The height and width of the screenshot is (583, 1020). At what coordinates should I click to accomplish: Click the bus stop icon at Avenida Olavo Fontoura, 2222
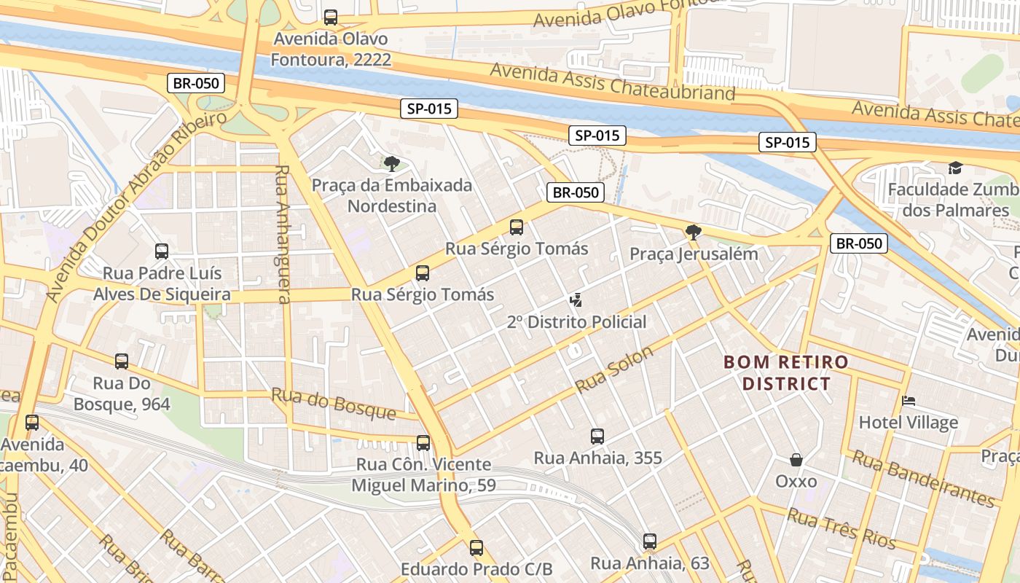coord(331,17)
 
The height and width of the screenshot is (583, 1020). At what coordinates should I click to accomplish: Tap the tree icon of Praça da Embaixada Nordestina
coord(392,163)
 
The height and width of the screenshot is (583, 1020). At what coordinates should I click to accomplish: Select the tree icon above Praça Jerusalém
coord(694,232)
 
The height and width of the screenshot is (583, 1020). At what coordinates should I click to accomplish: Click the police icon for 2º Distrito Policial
coord(576,300)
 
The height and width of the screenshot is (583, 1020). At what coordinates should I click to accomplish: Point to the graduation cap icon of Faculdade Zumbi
coord(954,168)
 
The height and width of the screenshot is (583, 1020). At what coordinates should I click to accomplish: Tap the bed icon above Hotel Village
coord(908,401)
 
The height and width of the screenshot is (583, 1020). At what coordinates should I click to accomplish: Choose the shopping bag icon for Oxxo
coord(796,460)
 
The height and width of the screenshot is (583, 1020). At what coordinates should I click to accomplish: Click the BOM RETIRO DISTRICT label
coord(786,372)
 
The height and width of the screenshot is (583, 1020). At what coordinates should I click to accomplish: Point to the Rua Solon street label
coord(614,369)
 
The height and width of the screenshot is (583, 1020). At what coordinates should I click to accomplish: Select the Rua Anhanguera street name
coord(283,233)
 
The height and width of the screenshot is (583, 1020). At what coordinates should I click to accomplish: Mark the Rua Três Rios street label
coord(841,529)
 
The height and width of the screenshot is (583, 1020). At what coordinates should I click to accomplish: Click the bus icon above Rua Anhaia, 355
coord(597,437)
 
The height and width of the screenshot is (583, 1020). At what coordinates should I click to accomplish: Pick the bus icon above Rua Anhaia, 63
coord(650,541)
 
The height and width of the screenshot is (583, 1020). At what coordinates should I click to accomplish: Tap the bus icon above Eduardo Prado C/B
coord(476,547)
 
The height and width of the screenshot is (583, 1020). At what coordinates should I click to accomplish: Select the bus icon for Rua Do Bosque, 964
coord(122,361)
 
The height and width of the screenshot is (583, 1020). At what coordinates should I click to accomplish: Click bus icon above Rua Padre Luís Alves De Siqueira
coord(162,251)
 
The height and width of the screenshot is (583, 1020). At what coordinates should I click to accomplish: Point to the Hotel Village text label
coord(908,423)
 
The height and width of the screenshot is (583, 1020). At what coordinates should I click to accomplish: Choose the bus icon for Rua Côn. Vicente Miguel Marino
coord(423,442)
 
